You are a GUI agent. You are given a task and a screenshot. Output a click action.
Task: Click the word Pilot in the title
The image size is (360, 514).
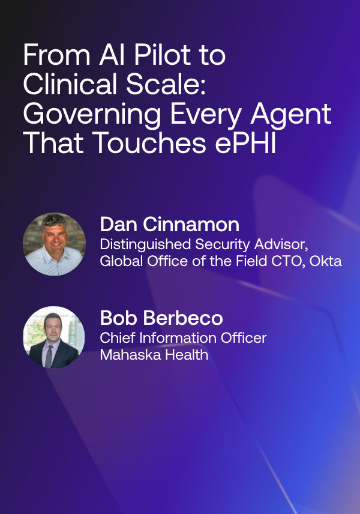tap(162, 55)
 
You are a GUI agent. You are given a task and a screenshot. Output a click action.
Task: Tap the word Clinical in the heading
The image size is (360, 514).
tap(70, 84)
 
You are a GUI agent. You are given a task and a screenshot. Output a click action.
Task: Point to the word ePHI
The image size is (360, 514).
tap(245, 143)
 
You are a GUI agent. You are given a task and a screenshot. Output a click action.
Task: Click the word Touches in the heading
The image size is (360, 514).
tap(149, 143)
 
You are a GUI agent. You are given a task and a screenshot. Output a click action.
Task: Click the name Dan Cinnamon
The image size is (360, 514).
tap(169, 225)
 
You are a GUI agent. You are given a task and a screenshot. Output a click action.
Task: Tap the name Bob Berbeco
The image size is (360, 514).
tap(161, 318)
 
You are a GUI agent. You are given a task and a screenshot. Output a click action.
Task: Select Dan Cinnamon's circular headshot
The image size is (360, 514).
tap(55, 244)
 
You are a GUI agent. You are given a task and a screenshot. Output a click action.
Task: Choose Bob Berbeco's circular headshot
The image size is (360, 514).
tap(54, 337)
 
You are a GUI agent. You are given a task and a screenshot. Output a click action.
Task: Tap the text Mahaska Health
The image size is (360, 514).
tap(154, 355)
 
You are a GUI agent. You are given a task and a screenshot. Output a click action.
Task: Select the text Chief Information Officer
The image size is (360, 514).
tap(183, 338)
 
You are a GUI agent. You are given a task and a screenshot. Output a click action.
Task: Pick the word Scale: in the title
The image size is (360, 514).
tap(166, 84)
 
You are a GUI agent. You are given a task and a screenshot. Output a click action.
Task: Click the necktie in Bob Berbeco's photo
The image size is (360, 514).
tap(49, 356)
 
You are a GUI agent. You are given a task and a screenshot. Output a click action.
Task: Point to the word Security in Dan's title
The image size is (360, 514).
tap(223, 245)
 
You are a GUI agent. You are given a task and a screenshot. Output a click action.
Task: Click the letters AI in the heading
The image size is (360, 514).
tap(112, 55)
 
